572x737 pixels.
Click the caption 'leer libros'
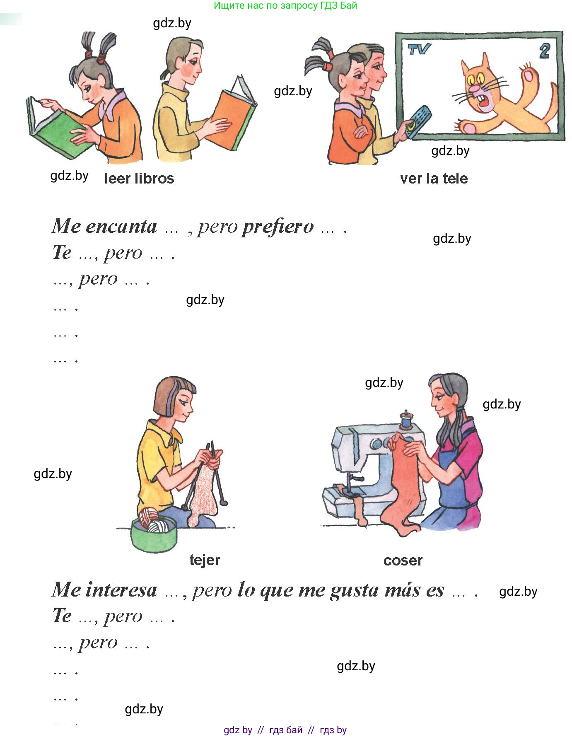[139, 179]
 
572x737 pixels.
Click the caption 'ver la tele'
[434, 179]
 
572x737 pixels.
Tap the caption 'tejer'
[205, 561]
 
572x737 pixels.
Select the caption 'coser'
[403, 561]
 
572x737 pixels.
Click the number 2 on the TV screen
[544, 51]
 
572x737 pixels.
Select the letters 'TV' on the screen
[419, 49]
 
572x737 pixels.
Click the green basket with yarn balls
[153, 534]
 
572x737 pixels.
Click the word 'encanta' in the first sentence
[121, 227]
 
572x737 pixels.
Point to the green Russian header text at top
[285, 5]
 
